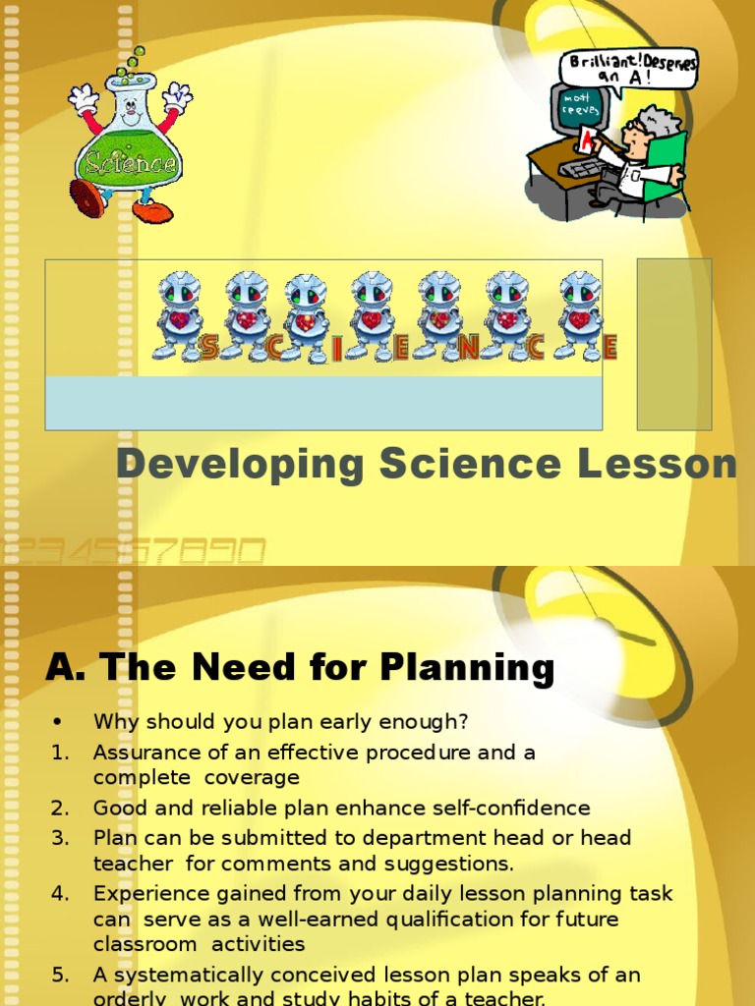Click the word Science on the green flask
(x=131, y=161)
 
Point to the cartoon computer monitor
(x=580, y=110)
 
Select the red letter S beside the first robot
(x=209, y=347)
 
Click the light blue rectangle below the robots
(x=323, y=403)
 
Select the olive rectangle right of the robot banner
(x=673, y=344)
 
